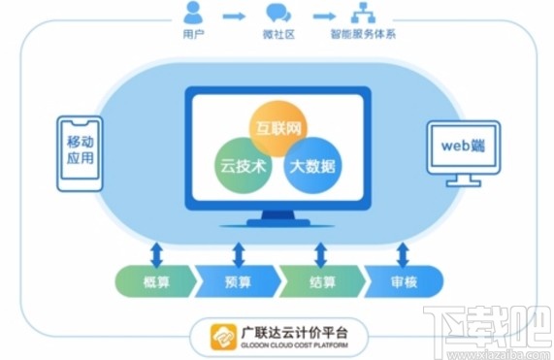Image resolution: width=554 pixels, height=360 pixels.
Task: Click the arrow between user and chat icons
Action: click(234, 16)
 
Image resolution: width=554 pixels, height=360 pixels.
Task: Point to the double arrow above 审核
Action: click(403, 254)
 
